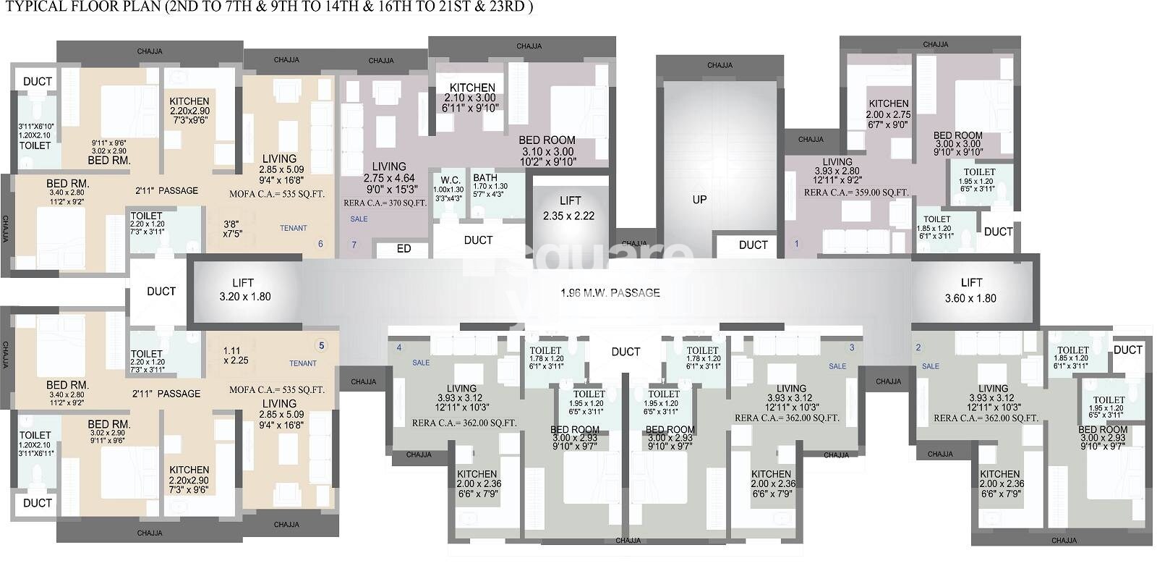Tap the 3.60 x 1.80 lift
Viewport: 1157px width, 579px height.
click(x=971, y=290)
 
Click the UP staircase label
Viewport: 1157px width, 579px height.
click(x=699, y=200)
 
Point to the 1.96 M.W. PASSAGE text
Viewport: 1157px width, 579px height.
click(x=610, y=293)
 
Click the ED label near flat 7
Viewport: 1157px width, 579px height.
click(x=404, y=249)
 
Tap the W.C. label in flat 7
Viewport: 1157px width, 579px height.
click(x=451, y=180)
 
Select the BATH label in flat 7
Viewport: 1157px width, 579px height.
click(x=485, y=178)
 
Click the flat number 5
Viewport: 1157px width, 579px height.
click(x=322, y=345)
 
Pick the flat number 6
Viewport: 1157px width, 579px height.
click(x=320, y=244)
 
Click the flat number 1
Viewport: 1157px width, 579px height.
click(x=797, y=244)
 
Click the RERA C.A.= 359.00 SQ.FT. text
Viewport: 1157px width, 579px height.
click(x=856, y=193)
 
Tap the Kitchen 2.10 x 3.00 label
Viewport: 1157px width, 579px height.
click(x=472, y=98)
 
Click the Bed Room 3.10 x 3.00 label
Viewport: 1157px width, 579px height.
click(x=547, y=151)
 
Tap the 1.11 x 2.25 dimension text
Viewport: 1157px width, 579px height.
click(x=236, y=355)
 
